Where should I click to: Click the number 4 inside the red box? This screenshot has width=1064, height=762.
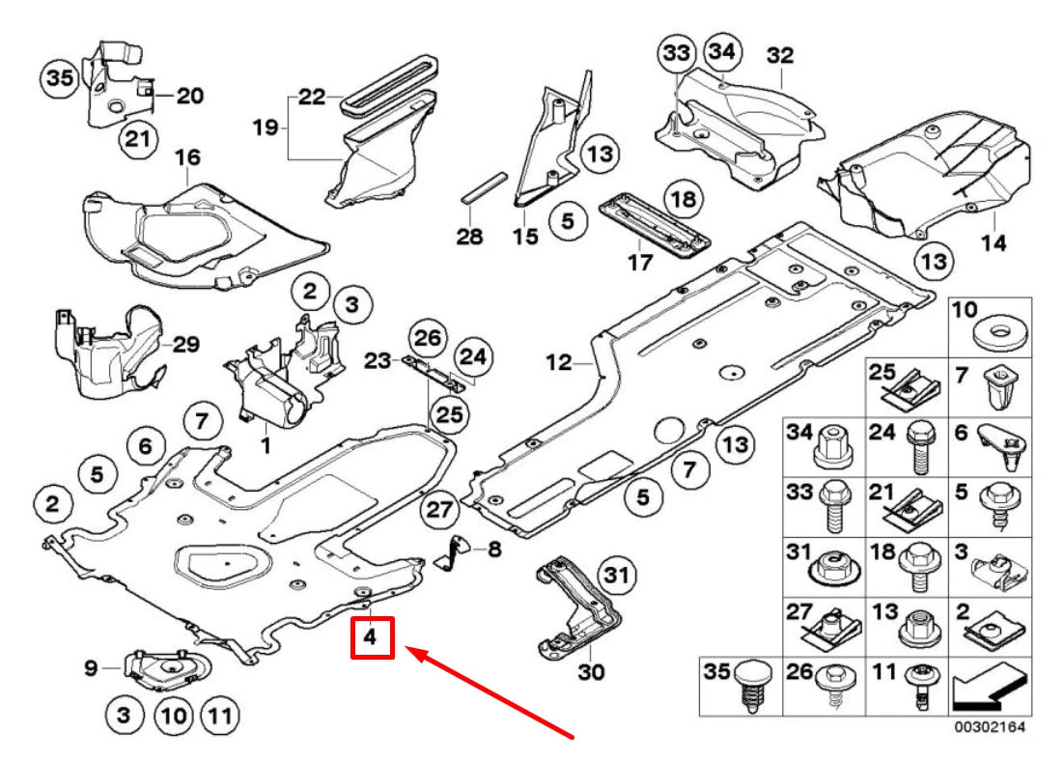372,638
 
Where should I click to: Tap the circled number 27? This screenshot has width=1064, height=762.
439,509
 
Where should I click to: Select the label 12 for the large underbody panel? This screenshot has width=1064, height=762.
559,364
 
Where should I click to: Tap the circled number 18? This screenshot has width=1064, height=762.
683,200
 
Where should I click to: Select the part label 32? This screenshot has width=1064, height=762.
779,56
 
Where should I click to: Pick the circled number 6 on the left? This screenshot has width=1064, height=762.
145,445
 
